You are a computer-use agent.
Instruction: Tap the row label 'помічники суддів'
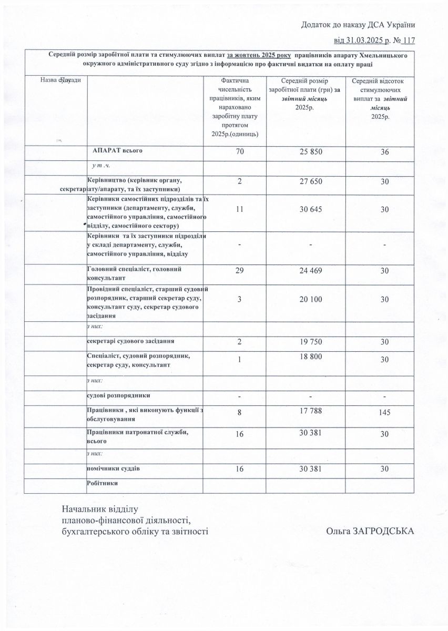(x=113, y=467)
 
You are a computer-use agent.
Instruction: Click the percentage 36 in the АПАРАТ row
(x=384, y=152)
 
